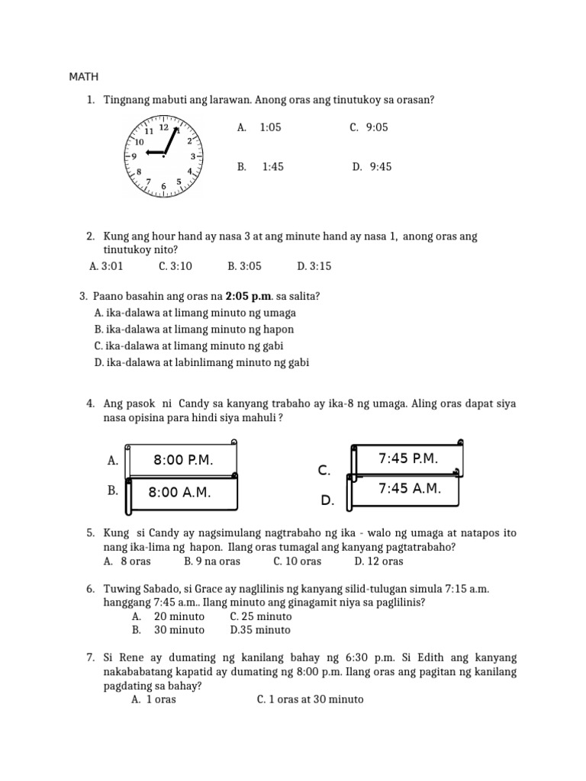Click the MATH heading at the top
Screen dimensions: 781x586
tap(84, 77)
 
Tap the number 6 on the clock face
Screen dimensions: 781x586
tap(163, 186)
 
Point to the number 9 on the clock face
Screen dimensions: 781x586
tap(134, 156)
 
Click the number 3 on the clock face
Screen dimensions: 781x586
tap(193, 156)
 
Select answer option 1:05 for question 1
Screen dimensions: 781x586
tap(270, 128)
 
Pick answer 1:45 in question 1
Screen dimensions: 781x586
tap(272, 167)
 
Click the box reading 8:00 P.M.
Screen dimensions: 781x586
tap(183, 460)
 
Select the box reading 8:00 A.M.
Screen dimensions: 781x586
tap(180, 493)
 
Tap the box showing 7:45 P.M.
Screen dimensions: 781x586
tap(408, 458)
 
